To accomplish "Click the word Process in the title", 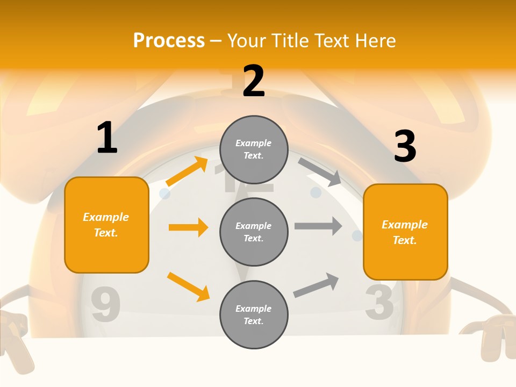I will click(169, 41).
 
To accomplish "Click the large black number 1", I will click(107, 138).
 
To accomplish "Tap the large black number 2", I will click(254, 81).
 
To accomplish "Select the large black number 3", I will click(405, 146).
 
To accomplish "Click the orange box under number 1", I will click(106, 225).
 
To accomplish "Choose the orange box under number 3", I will click(405, 232).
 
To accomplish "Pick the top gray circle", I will click(254, 149).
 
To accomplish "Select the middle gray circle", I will click(254, 232).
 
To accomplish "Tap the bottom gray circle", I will click(254, 314).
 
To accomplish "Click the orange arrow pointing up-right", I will click(187, 171).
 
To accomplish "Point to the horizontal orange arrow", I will click(188, 227).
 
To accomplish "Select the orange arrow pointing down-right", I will click(188, 286).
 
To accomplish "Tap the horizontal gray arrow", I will click(318, 226).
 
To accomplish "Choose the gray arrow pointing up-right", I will click(316, 285).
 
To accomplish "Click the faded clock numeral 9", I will click(105, 305).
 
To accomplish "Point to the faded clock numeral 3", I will click(379, 301).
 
